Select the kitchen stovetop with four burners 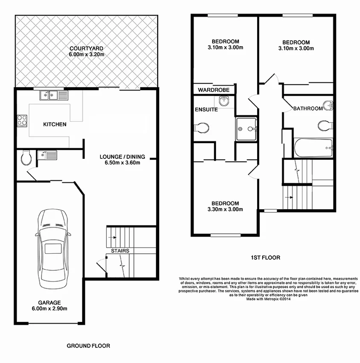click(22, 121)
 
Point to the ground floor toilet click(26, 158)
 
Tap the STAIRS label click(120, 251)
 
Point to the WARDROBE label click(214, 90)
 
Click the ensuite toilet click(201, 127)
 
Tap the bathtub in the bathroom click(313, 148)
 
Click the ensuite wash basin click(224, 101)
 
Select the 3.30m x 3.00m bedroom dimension click(225, 209)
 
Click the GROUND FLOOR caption click(88, 345)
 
